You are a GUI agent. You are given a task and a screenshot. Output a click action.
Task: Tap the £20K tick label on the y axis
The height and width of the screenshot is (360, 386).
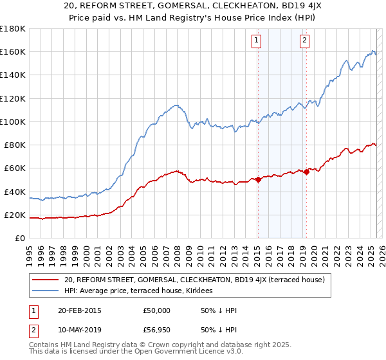[x=14, y=215]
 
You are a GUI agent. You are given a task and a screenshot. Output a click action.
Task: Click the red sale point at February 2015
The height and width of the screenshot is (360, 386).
[x=258, y=180]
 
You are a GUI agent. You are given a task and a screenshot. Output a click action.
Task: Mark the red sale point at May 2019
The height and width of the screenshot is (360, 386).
[x=306, y=172]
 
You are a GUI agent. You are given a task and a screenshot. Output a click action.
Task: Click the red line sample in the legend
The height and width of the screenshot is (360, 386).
[x=46, y=280]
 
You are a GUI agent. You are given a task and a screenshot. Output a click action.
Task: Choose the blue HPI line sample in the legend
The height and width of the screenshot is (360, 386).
[x=46, y=291]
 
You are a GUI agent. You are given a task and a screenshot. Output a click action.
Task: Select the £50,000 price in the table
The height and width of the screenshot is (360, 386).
[x=156, y=310]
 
